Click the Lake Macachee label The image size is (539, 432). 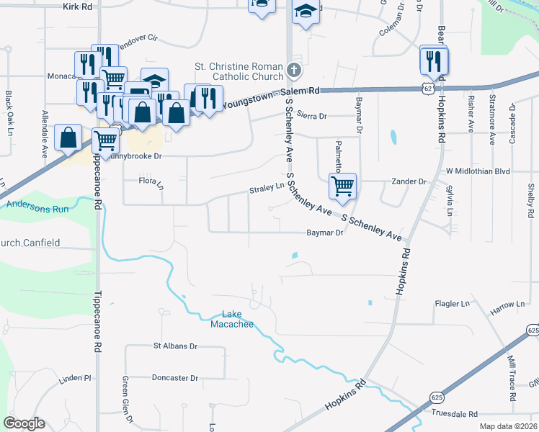(x=231, y=319)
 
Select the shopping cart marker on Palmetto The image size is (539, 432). (x=343, y=186)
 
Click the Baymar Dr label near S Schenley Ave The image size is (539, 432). (x=324, y=233)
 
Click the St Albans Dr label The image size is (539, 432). (x=175, y=346)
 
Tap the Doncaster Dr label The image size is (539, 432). (x=174, y=377)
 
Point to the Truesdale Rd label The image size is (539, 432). (x=455, y=414)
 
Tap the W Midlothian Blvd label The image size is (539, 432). (x=478, y=171)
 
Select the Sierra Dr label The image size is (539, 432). (x=312, y=115)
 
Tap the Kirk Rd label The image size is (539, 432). (x=78, y=6)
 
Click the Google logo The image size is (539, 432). (x=24, y=423)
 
